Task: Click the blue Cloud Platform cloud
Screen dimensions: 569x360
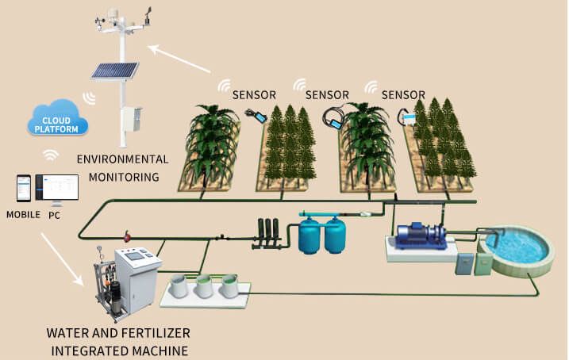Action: pyautogui.click(x=57, y=118)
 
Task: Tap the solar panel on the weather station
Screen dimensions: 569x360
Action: pyautogui.click(x=114, y=71)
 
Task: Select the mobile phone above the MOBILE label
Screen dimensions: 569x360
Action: pyautogui.click(x=24, y=188)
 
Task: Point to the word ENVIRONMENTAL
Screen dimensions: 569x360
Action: pyautogui.click(x=123, y=159)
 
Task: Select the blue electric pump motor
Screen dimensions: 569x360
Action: pyautogui.click(x=421, y=236)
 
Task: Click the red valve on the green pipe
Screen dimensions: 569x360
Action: pyautogui.click(x=127, y=237)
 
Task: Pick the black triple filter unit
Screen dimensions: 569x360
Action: pyautogui.click(x=267, y=233)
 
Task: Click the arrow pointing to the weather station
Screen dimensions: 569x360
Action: pyautogui.click(x=179, y=59)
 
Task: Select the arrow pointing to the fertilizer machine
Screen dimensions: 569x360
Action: pyautogui.click(x=62, y=259)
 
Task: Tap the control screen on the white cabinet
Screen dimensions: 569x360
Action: pyautogui.click(x=135, y=256)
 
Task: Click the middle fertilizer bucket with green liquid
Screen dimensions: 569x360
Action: pyautogui.click(x=204, y=285)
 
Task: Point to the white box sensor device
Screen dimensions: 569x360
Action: pyautogui.click(x=409, y=119)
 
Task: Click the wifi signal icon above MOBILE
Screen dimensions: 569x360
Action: pyautogui.click(x=51, y=155)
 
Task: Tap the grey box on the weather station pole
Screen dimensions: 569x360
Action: pyautogui.click(x=131, y=119)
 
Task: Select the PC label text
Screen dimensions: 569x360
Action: pyautogui.click(x=55, y=216)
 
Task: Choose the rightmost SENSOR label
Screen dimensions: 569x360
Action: pyautogui.click(x=403, y=95)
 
